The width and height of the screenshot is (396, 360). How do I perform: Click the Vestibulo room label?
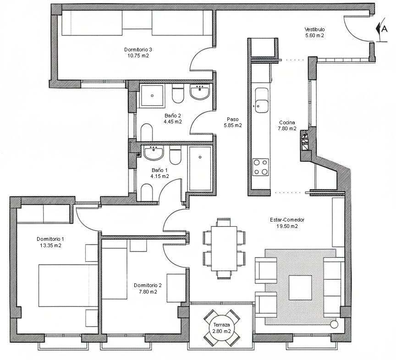coord(314,29)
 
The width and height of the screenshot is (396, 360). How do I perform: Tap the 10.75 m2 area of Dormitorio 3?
coord(138,55)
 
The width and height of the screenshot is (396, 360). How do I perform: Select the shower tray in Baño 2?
coord(152,96)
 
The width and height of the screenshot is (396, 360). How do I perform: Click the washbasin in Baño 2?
coord(199,92)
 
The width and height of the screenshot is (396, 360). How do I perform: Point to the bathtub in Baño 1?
coord(200,168)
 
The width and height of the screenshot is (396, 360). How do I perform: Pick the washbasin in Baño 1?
coord(154,153)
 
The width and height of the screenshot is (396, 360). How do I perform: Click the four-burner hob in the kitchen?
coord(261,167)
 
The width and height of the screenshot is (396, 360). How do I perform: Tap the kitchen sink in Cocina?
coord(261,100)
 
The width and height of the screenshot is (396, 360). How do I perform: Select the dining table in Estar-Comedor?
coord(224,249)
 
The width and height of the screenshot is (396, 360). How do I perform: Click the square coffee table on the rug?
coord(300,288)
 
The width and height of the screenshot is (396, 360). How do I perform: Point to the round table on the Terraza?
coord(221,328)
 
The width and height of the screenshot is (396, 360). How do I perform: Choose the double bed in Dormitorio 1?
coord(68,285)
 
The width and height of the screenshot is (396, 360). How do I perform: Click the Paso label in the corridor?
coord(232,119)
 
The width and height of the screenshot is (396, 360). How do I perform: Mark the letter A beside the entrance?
coord(384,29)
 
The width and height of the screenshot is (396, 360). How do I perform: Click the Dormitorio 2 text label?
coord(148,285)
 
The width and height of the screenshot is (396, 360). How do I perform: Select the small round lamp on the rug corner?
coord(334,324)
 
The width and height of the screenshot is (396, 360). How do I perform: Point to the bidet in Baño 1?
coord(147,192)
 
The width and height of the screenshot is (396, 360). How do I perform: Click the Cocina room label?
coord(287,122)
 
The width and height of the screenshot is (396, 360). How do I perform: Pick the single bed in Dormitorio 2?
coord(115,269)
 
